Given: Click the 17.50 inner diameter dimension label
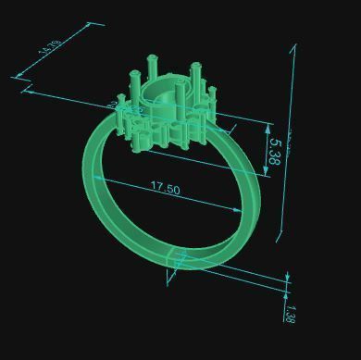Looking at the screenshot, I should tap(165, 188).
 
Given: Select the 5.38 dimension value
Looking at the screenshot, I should tap(273, 151).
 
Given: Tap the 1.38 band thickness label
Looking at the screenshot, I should tap(289, 313).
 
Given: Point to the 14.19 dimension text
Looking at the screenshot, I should tap(51, 47).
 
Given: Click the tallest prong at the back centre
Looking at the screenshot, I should tap(153, 70).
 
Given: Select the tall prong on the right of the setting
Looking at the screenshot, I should tap(195, 79).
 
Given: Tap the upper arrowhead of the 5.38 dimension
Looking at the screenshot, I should tap(268, 128).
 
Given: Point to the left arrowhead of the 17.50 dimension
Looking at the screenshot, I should tap(96, 178).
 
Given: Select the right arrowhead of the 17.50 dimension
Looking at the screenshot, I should tap(242, 210).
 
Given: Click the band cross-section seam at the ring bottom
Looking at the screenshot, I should tap(176, 261).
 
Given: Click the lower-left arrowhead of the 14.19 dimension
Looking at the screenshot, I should tap(19, 78).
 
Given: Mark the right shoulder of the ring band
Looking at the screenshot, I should tap(227, 148).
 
